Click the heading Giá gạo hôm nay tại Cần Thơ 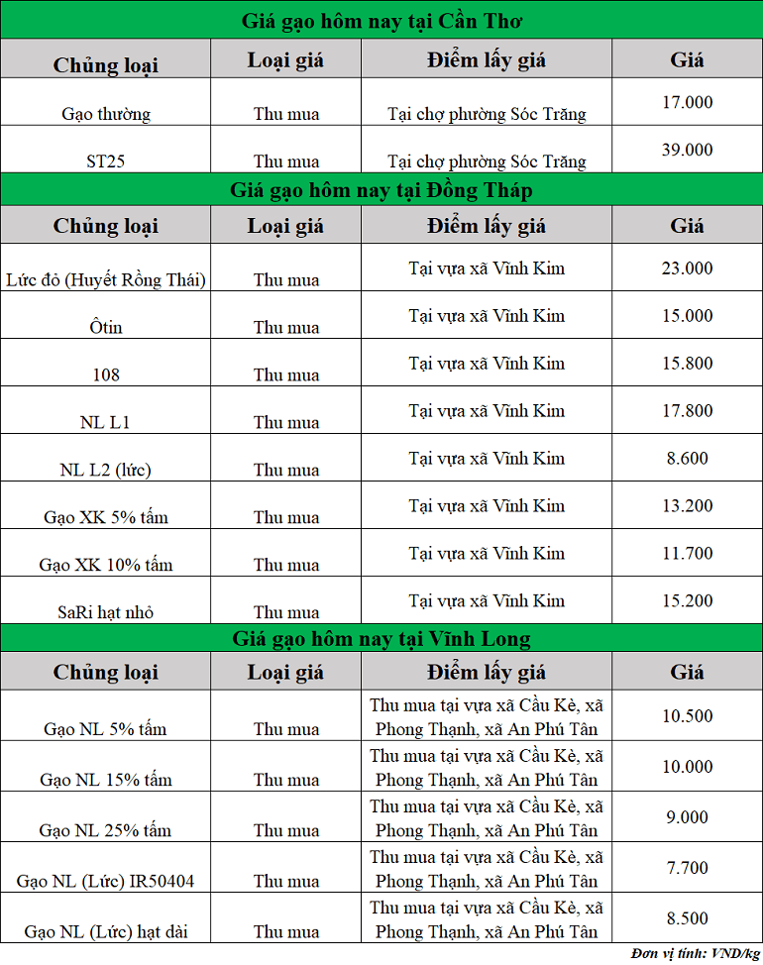point(381,21)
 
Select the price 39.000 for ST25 point(687,150)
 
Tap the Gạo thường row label point(106,114)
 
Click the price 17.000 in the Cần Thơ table point(687,102)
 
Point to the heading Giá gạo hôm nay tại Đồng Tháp point(381,189)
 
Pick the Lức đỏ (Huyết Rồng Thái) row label point(106,280)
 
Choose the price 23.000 point(687,268)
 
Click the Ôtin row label point(106,328)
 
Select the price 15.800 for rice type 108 point(687,364)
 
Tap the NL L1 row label point(106,423)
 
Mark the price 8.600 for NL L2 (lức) point(687,459)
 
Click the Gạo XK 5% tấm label point(106,517)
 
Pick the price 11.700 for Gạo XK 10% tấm point(687,554)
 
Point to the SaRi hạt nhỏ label point(106,612)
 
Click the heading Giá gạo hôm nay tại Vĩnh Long point(381,638)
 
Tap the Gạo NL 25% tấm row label point(106,830)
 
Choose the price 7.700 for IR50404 point(687,869)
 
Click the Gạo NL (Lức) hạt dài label point(106,931)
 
